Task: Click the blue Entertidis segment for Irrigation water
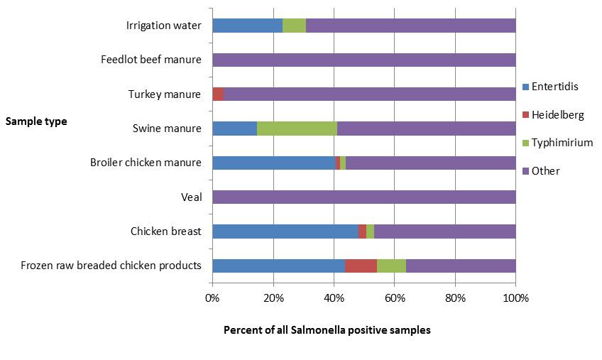coord(247,26)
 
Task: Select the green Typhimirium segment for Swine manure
coord(297,129)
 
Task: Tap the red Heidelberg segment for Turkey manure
coord(218,94)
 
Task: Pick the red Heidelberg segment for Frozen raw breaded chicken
coord(361,266)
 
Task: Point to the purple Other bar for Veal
coord(364,197)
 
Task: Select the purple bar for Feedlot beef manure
coord(364,60)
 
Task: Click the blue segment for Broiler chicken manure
coord(273,163)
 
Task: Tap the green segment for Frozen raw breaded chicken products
coord(391,266)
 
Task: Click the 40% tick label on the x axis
coord(334,298)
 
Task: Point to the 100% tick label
coord(515,298)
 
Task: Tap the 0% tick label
coord(212,298)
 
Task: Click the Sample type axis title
coord(36,121)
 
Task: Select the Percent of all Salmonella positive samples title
coord(327,330)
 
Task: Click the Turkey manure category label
coord(165,94)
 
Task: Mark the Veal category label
coord(191,197)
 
